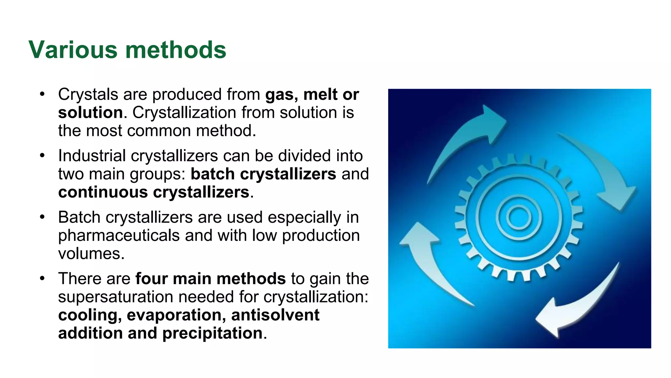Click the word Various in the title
coord(73,50)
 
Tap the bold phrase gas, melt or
coord(312,94)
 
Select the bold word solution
coord(90,113)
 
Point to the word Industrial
coord(92,156)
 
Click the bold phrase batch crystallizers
coord(263,174)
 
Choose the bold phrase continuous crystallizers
coord(154,192)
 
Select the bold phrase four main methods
coord(210,279)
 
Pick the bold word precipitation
coord(212,333)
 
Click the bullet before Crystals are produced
coord(42,94)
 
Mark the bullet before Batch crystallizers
coord(42,217)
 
